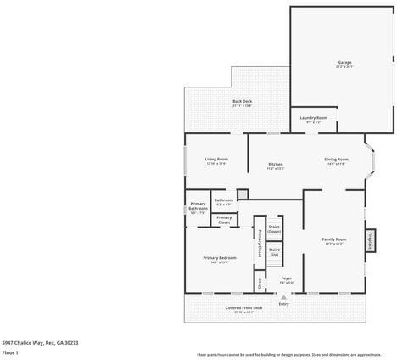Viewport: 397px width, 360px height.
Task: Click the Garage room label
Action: [x=344, y=64]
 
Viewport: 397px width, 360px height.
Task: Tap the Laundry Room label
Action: [x=313, y=120]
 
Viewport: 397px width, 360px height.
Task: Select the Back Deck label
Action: [x=242, y=103]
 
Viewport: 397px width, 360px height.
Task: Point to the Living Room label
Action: [x=216, y=160]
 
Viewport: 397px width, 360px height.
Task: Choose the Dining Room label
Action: [x=336, y=160]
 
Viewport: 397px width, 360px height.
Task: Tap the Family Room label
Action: [x=333, y=241]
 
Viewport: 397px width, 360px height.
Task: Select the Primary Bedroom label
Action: [x=219, y=259]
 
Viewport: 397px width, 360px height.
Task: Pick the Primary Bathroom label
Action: [x=198, y=210]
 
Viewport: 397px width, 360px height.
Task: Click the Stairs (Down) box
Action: [x=274, y=228]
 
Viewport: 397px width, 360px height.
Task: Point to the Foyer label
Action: [x=287, y=280]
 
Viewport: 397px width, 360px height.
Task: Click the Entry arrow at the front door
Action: [x=283, y=298]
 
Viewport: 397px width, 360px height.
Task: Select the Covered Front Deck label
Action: [x=243, y=309]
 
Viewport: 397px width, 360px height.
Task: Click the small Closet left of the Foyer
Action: [x=260, y=280]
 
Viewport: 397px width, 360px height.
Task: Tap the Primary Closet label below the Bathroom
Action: [x=224, y=220]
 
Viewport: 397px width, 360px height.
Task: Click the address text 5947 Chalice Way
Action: [x=40, y=342]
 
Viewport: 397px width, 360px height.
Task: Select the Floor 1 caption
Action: [x=11, y=352]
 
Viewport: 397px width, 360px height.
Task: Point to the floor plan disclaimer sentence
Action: [x=288, y=354]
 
